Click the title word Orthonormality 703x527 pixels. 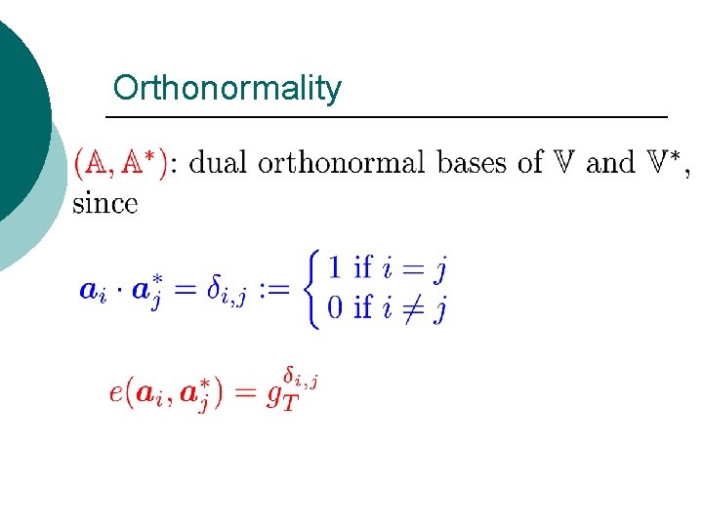[x=227, y=89]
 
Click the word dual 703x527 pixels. [x=217, y=162]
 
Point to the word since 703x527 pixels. [x=104, y=204]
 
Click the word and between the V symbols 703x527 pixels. [x=610, y=162]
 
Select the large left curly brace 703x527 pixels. [x=312, y=288]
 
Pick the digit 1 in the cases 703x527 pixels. [x=335, y=265]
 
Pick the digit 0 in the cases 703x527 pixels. [x=335, y=308]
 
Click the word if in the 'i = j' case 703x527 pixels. [x=363, y=265]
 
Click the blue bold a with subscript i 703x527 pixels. [x=91, y=291]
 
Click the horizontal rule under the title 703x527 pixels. [x=386, y=117]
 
